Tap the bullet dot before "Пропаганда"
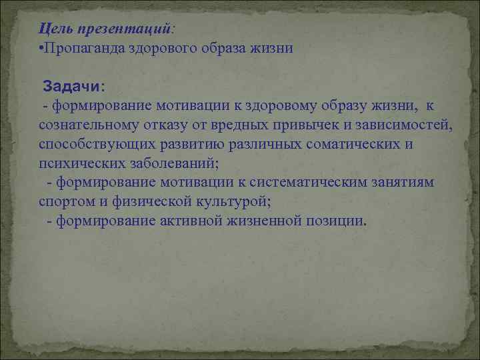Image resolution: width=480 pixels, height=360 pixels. point(41,49)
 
